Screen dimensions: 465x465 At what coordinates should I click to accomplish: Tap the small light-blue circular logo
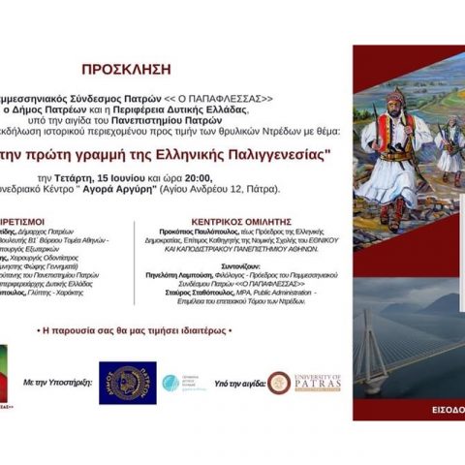click(x=170, y=384)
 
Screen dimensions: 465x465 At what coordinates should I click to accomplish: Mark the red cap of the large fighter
click(x=396, y=100)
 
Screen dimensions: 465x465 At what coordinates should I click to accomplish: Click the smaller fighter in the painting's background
click(x=449, y=145)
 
